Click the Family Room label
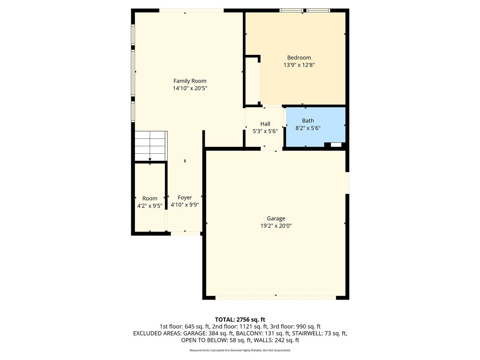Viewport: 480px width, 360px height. click(190, 81)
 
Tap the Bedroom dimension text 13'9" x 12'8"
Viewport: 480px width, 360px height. click(299, 65)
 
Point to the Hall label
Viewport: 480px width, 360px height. click(265, 124)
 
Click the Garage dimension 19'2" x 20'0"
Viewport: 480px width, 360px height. click(276, 226)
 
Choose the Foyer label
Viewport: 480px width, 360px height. click(185, 198)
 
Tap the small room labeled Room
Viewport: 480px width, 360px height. click(150, 198)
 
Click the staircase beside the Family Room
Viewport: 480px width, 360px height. click(151, 146)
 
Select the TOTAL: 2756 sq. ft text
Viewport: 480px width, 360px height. click(240, 320)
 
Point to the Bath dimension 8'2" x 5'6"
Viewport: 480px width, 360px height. click(307, 128)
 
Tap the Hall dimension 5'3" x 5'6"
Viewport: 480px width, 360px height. click(265, 131)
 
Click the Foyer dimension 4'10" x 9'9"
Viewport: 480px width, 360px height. click(185, 205)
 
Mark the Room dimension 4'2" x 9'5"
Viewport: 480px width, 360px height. click(150, 206)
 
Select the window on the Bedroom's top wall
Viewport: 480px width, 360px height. click(305, 10)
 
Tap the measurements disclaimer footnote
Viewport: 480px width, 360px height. click(240, 350)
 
